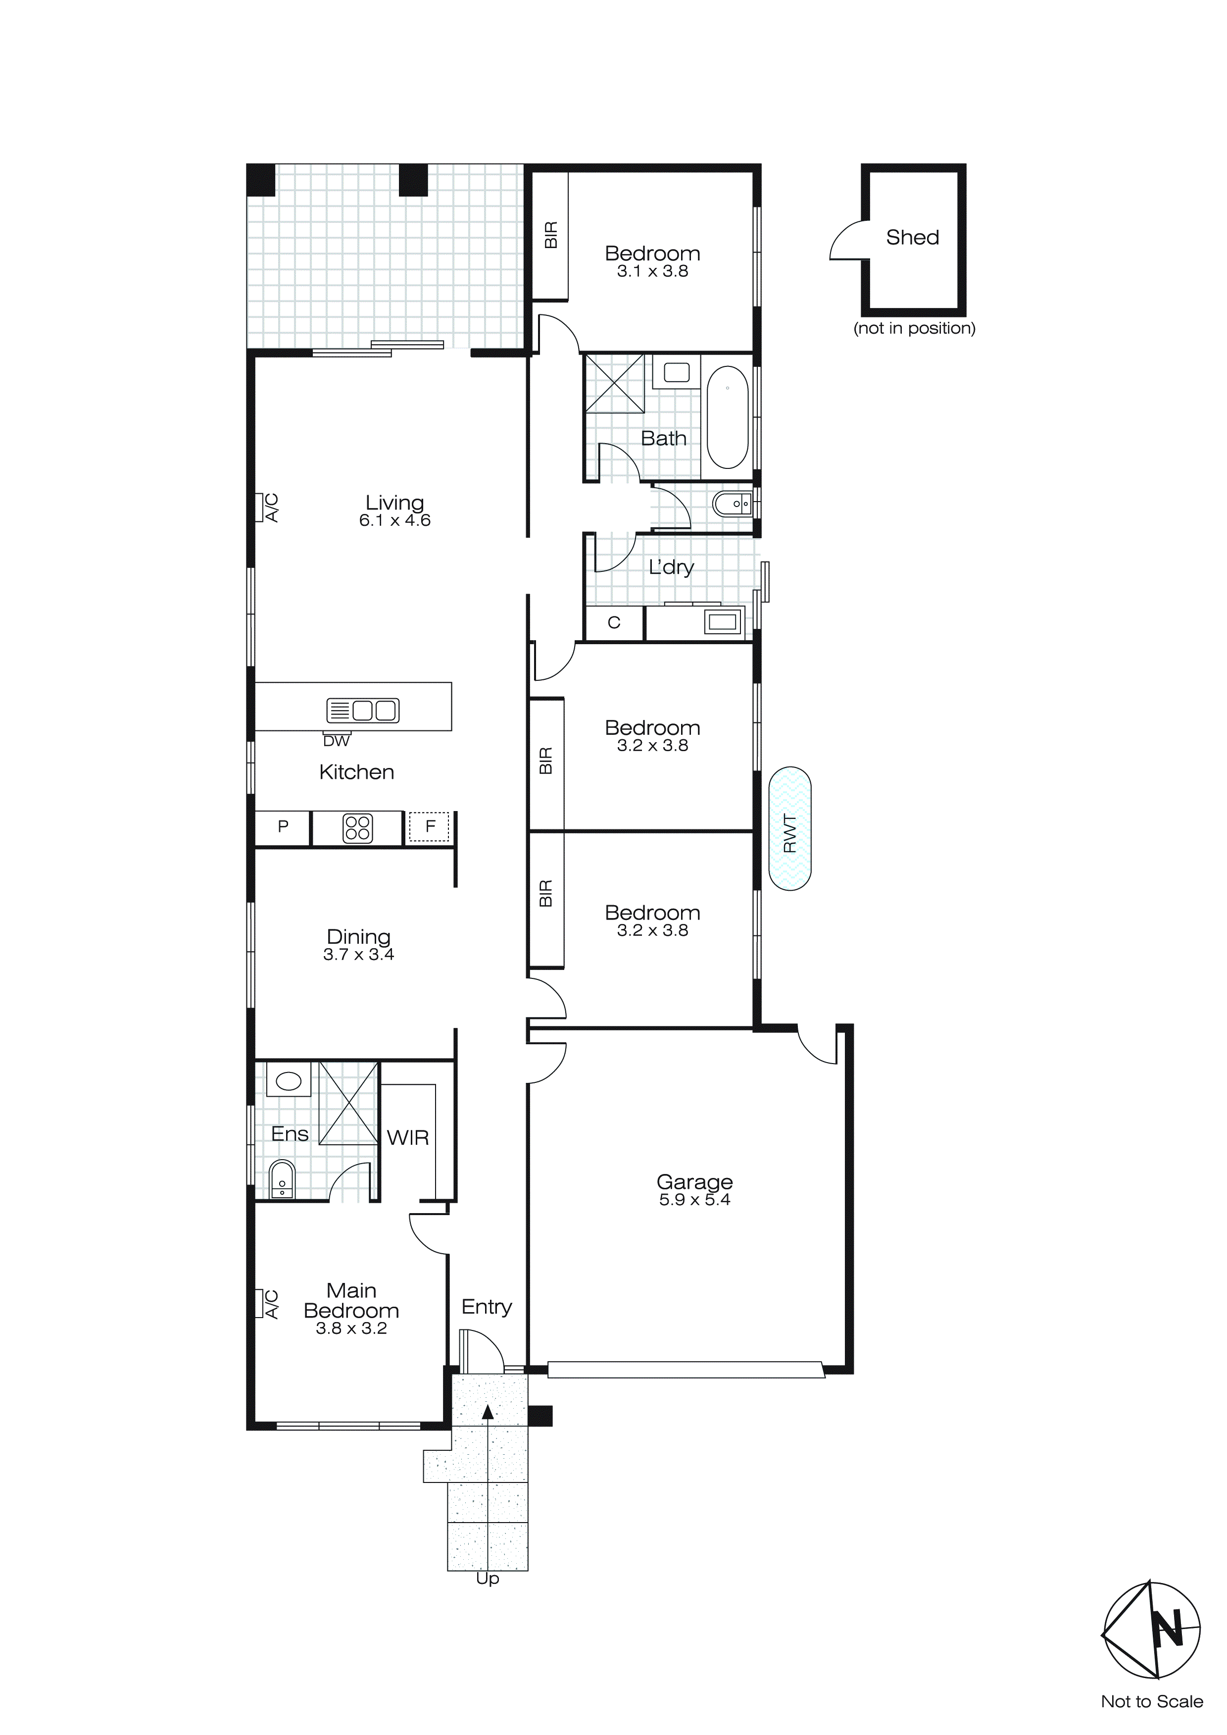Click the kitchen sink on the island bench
click(363, 711)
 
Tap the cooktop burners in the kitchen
click(357, 828)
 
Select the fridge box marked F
click(429, 827)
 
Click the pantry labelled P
click(283, 827)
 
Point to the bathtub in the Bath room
click(728, 418)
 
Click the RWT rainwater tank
click(789, 829)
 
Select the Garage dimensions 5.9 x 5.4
click(694, 1200)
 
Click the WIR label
click(408, 1137)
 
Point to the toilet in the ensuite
click(282, 1179)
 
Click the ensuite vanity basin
click(289, 1080)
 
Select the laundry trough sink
click(722, 622)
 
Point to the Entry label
click(487, 1307)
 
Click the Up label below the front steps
click(488, 1579)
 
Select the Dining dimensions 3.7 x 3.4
click(358, 955)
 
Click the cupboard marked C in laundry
click(614, 623)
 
